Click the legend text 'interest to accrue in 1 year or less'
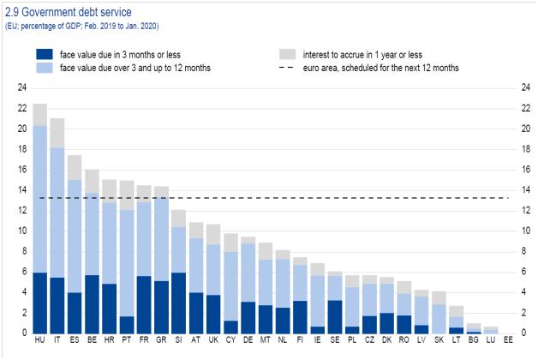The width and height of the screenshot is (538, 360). pyautogui.click(x=351, y=52)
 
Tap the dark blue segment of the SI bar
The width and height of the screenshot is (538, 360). pyautogui.click(x=178, y=303)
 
